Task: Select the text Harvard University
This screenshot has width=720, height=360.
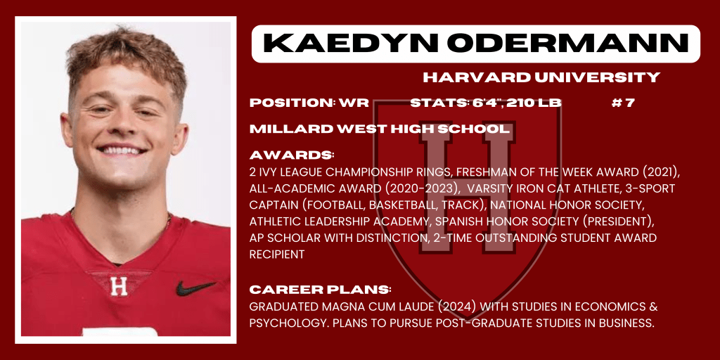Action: coord(541,77)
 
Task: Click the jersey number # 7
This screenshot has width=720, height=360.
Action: coord(623,103)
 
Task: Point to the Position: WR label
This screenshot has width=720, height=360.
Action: coord(309,103)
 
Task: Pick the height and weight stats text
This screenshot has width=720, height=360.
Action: coord(486,103)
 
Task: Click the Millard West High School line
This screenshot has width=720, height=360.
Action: coord(380,129)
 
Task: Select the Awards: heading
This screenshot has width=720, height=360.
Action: coord(292,155)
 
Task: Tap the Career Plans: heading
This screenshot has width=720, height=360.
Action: coord(320,290)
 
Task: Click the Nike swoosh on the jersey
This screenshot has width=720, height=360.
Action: coord(195,288)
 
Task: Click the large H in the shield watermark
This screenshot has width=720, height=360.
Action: coord(466,188)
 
